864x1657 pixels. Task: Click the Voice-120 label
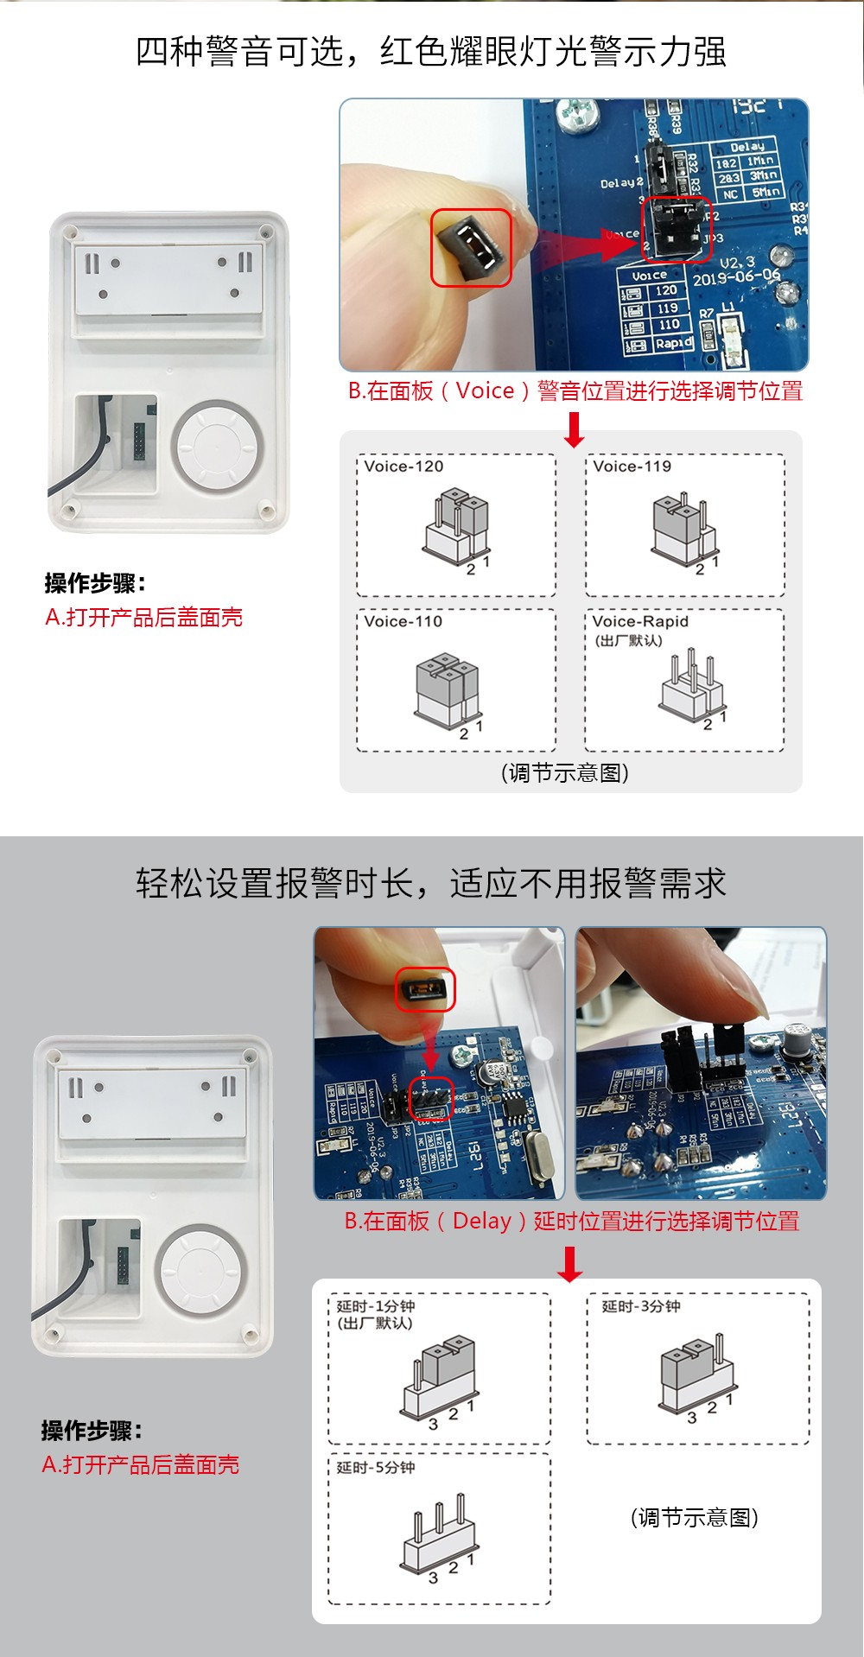403,467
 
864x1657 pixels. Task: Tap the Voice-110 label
403,621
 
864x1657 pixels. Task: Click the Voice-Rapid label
640,621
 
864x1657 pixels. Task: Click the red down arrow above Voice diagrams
574,429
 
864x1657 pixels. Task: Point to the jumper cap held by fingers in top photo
472,247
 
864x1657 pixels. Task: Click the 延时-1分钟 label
376,1306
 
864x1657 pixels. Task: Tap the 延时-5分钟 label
376,1468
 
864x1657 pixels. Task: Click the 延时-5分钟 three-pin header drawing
438,1537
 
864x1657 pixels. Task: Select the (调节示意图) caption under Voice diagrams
565,773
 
